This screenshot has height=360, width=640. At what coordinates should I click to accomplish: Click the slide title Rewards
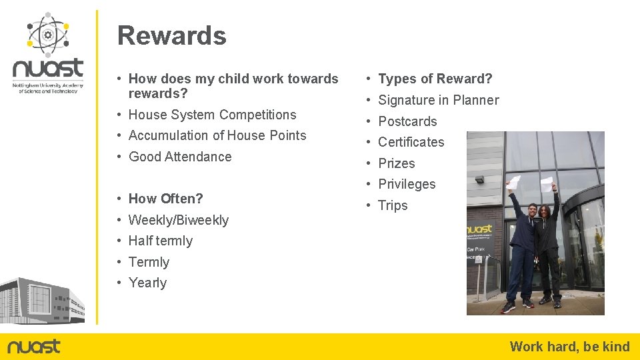click(171, 36)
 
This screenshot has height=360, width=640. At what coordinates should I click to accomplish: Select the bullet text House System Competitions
click(212, 115)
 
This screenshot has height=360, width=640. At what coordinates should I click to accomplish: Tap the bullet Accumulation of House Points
click(217, 135)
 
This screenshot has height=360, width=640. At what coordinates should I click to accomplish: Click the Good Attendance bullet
click(180, 157)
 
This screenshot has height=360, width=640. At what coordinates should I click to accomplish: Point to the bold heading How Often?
click(165, 199)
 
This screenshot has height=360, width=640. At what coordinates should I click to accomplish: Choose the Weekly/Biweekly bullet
click(178, 220)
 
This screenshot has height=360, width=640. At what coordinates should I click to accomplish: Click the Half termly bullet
click(160, 241)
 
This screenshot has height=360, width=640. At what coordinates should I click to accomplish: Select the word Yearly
click(147, 283)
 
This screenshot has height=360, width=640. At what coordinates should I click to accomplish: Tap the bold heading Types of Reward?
click(435, 79)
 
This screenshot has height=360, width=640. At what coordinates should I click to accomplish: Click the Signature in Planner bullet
click(438, 100)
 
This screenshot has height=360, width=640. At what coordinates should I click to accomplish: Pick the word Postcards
click(407, 121)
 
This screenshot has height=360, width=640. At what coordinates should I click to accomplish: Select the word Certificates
click(411, 142)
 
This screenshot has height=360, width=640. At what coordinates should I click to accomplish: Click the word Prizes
click(396, 163)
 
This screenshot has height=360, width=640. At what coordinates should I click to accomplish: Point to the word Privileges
click(407, 184)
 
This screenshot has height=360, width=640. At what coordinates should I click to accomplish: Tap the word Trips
click(393, 205)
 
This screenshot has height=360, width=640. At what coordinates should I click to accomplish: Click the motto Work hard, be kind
click(569, 346)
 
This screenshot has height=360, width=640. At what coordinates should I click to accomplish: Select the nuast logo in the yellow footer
click(33, 346)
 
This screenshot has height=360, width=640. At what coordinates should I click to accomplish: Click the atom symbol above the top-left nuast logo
click(47, 33)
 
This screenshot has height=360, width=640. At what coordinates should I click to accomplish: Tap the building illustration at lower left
click(42, 301)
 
